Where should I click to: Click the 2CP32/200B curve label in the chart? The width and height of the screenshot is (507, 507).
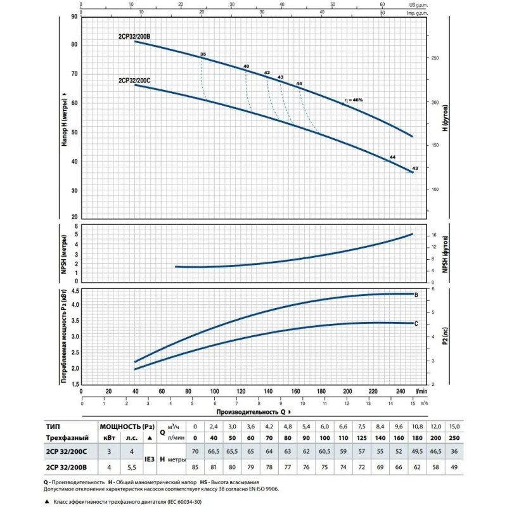(134, 37)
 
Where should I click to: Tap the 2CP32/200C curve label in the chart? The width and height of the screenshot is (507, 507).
(134, 80)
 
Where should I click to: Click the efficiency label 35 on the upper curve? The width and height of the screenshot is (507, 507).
(203, 55)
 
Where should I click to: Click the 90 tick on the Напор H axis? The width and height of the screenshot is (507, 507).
(74, 15)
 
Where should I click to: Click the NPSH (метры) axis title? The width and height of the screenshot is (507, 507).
(65, 253)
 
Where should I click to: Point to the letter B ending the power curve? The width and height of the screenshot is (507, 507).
(416, 295)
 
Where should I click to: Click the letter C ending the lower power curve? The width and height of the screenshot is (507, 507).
(416, 323)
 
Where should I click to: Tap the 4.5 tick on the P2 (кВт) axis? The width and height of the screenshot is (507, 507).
(74, 290)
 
